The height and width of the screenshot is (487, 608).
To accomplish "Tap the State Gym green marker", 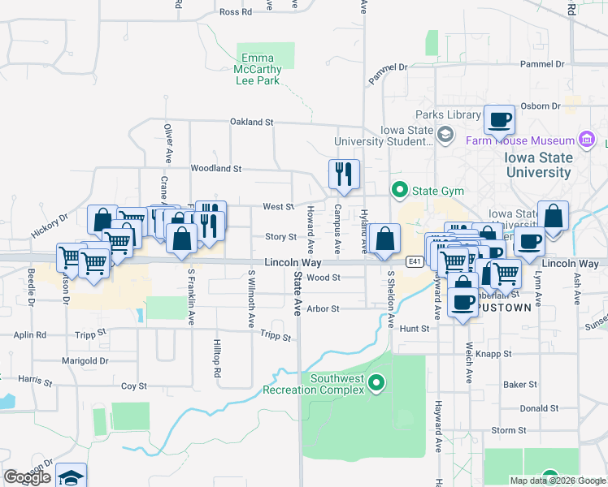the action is (399, 192).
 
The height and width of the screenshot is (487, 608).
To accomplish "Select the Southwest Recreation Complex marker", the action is (376, 382).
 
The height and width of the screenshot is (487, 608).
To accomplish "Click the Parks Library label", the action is (448, 115).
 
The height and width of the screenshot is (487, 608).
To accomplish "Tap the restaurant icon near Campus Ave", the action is (344, 174).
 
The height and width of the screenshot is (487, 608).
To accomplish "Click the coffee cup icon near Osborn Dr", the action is (499, 121).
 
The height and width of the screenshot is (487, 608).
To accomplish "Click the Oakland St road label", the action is (251, 122).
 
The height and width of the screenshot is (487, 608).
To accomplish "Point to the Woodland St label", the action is (216, 169).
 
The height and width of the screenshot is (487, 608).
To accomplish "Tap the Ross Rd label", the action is (237, 12).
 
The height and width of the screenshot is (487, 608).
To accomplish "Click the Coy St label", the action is (133, 386).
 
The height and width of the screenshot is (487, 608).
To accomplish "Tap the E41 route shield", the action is (415, 261).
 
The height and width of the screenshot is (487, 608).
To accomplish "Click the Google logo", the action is (27, 477).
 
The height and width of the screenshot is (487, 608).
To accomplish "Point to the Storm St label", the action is (509, 430).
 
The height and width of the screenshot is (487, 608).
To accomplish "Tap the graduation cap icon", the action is (72, 477).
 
